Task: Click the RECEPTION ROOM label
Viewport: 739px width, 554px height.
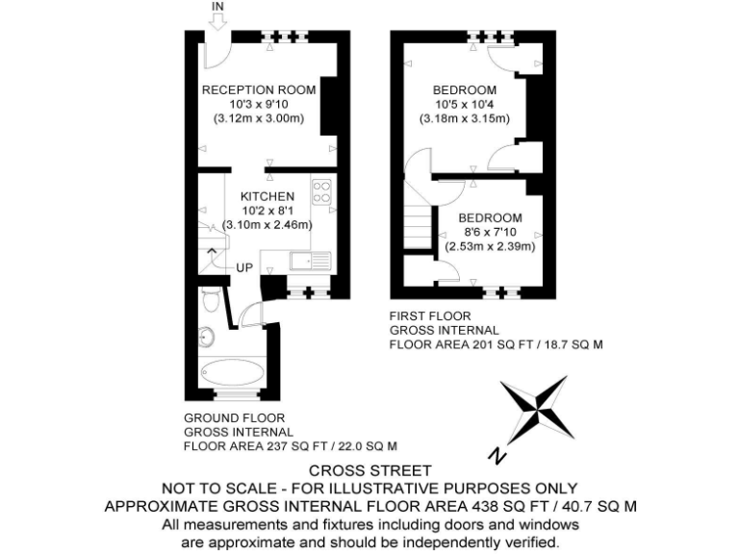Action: coord(258,89)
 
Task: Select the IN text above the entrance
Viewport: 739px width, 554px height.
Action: coord(217,8)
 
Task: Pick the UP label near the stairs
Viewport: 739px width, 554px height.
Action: coord(244,266)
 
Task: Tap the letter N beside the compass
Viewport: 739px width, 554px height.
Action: coord(495,454)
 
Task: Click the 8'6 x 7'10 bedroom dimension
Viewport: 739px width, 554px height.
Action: coord(489,232)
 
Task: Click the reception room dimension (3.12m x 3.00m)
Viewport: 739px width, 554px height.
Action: coord(258,118)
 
